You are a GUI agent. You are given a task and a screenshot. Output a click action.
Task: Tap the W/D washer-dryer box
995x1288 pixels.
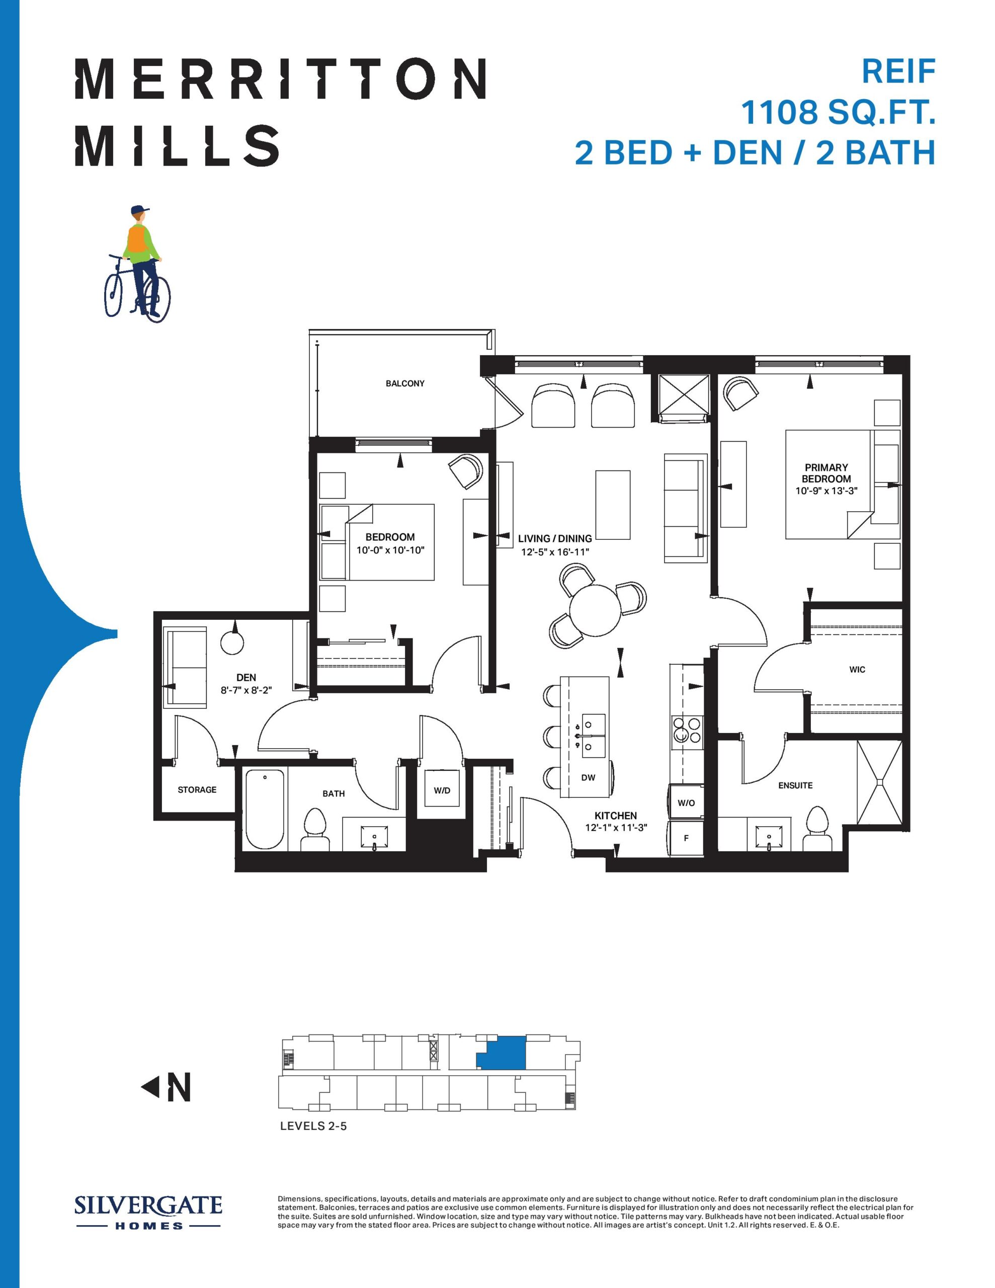pyautogui.click(x=442, y=790)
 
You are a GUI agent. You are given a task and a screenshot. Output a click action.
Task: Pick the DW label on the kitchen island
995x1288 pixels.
pyautogui.click(x=588, y=777)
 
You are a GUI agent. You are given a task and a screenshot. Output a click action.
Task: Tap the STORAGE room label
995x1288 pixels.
pyautogui.click(x=197, y=790)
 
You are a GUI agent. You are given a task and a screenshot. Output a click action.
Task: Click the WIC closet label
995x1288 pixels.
pyautogui.click(x=857, y=669)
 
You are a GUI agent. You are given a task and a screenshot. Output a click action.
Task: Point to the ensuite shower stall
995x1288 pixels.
pyautogui.click(x=879, y=782)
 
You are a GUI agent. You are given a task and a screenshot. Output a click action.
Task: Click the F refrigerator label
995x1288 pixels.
pyautogui.click(x=686, y=837)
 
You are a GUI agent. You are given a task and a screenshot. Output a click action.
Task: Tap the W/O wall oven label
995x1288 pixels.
pyautogui.click(x=686, y=802)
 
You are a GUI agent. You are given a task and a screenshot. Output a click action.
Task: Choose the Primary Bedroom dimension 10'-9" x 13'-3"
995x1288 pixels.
pyautogui.click(x=825, y=491)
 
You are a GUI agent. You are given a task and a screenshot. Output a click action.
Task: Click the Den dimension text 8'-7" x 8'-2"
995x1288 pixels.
pyautogui.click(x=246, y=689)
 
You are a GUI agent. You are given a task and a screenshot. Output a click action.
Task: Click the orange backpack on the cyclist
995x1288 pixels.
pyautogui.click(x=137, y=239)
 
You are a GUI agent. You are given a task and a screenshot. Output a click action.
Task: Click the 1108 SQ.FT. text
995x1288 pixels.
pyautogui.click(x=838, y=112)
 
